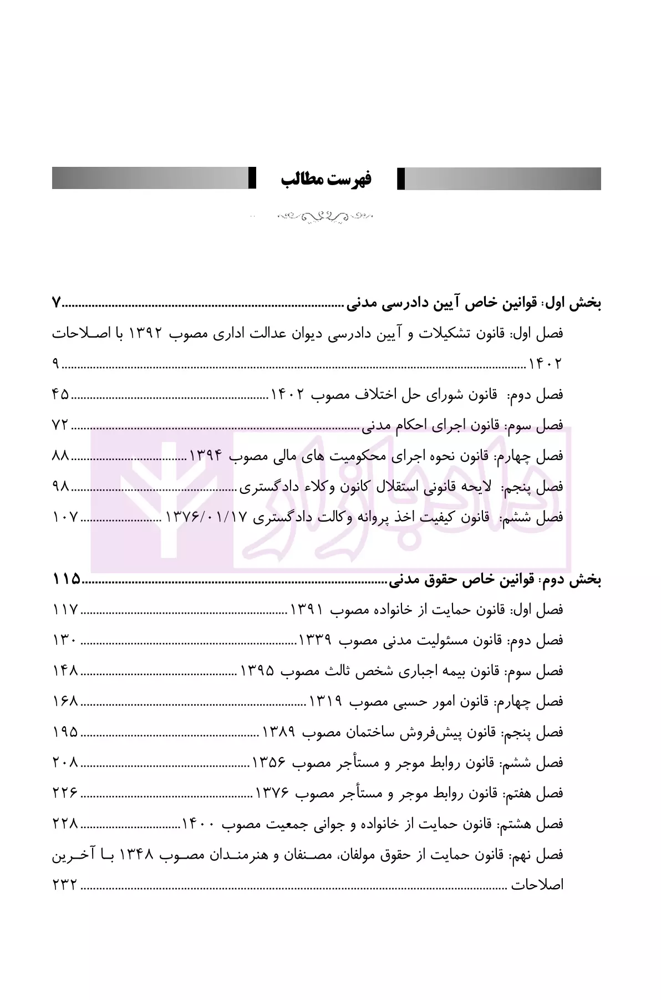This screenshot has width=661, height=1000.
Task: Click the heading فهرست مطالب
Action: pyautogui.click(x=326, y=179)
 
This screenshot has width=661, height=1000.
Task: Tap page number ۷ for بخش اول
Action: pyautogui.click(x=57, y=303)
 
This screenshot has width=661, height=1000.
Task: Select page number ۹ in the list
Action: pyautogui.click(x=56, y=364)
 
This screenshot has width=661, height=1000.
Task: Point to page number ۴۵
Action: pyautogui.click(x=61, y=395)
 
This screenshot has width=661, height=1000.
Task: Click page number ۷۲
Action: pyautogui.click(x=60, y=425)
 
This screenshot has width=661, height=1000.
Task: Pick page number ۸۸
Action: pyautogui.click(x=61, y=456)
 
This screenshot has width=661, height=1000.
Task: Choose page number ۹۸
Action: pyautogui.click(x=61, y=486)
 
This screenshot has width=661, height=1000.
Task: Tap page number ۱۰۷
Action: pyautogui.click(x=66, y=517)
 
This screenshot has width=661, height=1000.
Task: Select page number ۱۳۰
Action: pyautogui.click(x=66, y=640)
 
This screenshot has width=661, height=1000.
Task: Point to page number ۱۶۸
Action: pyautogui.click(x=66, y=702)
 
